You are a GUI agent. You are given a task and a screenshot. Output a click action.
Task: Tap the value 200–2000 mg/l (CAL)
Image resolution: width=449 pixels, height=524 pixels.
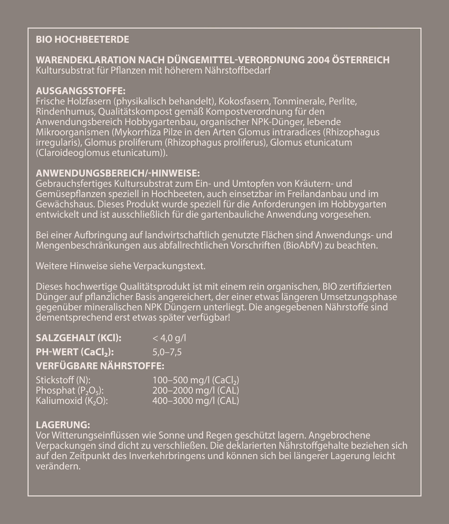[196, 390]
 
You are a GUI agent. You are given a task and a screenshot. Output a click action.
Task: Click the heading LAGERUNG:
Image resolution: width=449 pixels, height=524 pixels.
[63, 425]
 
